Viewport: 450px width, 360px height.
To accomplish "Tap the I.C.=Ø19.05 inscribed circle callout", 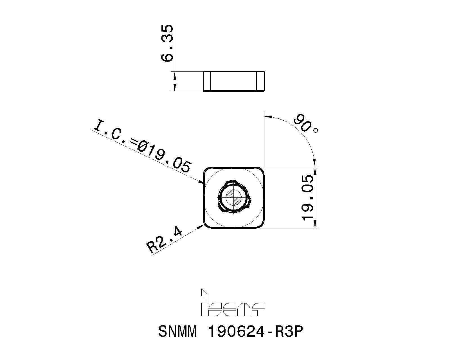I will (142, 146).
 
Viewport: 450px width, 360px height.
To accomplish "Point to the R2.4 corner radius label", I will (165, 239).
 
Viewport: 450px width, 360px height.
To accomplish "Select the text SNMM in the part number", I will (177, 332).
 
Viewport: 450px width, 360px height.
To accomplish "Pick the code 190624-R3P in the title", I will (255, 332).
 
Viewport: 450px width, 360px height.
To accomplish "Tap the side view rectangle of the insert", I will (233, 81).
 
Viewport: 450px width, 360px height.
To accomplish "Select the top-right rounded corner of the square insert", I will (261, 170).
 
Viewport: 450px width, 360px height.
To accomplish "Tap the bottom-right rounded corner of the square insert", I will (261, 225).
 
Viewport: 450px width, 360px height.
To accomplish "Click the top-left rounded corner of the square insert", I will (206, 170).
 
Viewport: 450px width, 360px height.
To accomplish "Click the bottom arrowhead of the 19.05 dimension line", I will (316, 225).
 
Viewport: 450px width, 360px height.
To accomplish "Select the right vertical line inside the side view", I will (257, 81).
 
